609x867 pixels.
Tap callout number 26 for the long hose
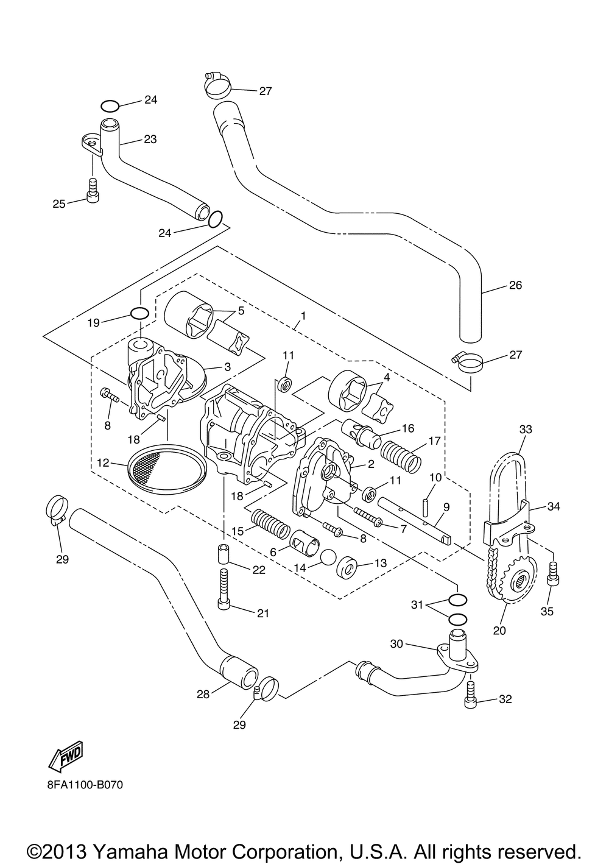[x=515, y=285]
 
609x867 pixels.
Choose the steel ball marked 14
[x=329, y=559]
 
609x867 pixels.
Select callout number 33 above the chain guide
[x=526, y=430]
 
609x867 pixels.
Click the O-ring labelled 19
[x=139, y=314]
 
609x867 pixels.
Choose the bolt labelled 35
[x=553, y=573]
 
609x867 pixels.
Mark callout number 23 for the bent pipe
[x=150, y=139]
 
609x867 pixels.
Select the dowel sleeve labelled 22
[x=224, y=554]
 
